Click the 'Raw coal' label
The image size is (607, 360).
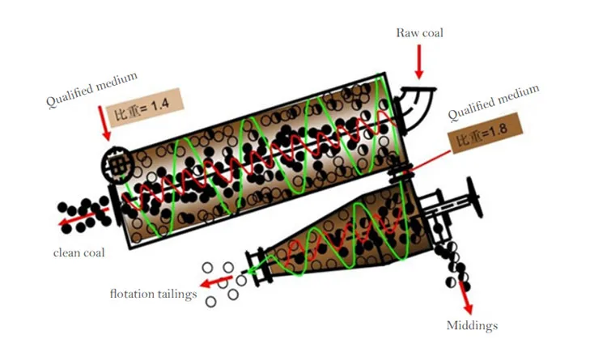click(419, 33)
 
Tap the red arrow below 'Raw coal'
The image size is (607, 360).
click(419, 61)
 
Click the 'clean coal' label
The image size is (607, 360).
click(79, 252)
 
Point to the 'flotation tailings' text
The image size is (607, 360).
click(153, 294)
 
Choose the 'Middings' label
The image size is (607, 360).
click(472, 325)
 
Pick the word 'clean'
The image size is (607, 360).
click(67, 252)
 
